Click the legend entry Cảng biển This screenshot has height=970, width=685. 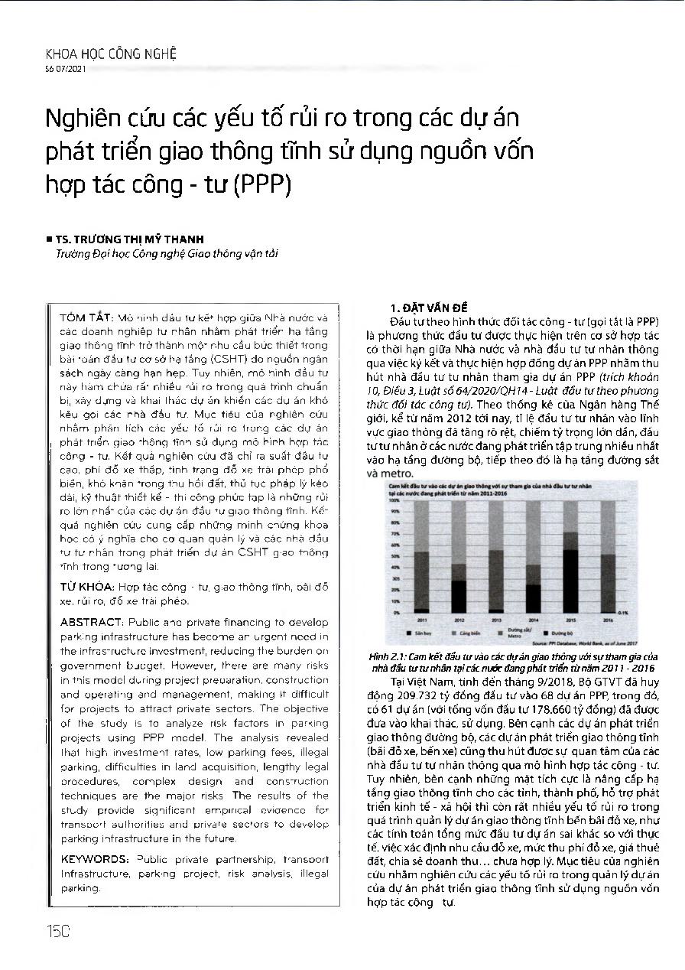469,634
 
